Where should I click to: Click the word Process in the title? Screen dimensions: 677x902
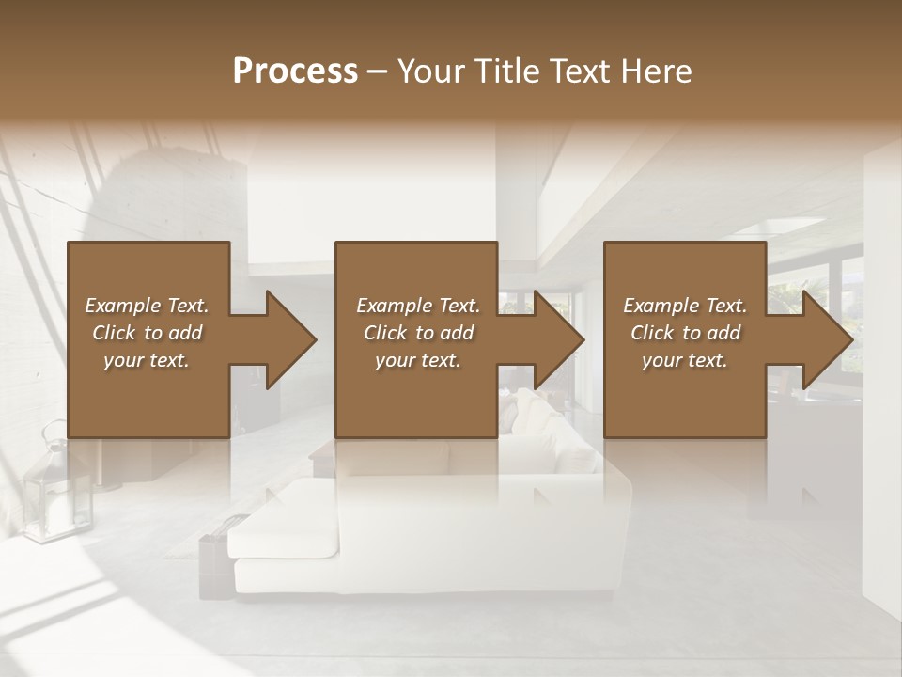[295, 71]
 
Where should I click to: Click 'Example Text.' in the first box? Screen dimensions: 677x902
[147, 306]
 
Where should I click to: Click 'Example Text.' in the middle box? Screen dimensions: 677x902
[418, 306]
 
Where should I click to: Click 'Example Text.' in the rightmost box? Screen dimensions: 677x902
[685, 306]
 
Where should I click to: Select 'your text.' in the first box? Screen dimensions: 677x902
[147, 360]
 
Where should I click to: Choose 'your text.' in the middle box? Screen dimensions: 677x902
[418, 360]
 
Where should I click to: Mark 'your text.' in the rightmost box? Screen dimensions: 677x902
[685, 360]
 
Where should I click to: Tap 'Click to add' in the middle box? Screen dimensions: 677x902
[418, 333]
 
